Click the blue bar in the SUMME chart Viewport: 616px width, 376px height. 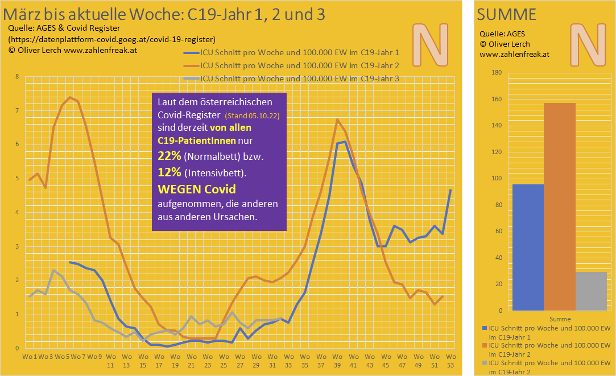click(528, 247)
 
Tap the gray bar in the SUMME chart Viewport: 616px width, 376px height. click(592, 291)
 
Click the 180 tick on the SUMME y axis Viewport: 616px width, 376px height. click(497, 72)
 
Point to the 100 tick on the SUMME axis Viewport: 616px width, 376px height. click(497, 178)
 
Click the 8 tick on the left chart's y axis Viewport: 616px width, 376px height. click(17, 77)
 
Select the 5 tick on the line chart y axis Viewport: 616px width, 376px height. click(17, 179)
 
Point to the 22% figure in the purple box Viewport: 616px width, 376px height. click(169, 156)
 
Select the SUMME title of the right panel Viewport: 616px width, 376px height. click(506, 15)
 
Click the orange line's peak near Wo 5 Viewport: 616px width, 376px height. click(70, 97)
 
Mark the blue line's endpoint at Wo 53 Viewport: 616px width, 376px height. click(450, 189)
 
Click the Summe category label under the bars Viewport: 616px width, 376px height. click(560, 319)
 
